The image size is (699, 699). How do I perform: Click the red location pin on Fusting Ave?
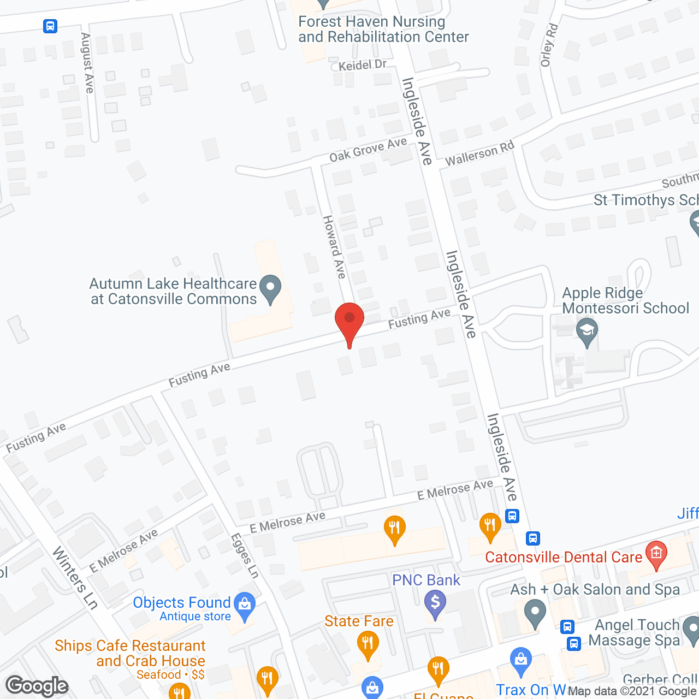[349, 319]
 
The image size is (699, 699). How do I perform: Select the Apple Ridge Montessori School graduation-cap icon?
[587, 332]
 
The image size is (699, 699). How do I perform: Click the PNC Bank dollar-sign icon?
[435, 603]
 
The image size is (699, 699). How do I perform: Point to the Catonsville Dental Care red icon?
[656, 554]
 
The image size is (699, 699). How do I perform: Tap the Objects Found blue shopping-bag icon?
[245, 605]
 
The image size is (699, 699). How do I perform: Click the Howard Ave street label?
[334, 247]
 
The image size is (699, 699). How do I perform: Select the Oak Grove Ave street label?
[368, 150]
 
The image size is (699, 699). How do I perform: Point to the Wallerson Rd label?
[479, 153]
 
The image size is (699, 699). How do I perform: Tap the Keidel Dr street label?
[362, 65]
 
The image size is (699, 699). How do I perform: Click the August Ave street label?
[87, 63]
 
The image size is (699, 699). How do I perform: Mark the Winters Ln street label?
[75, 578]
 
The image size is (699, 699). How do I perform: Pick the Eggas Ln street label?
[245, 555]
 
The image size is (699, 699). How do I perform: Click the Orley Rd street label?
[549, 45]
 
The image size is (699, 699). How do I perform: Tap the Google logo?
[37, 686]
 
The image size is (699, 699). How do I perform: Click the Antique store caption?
[195, 617]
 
